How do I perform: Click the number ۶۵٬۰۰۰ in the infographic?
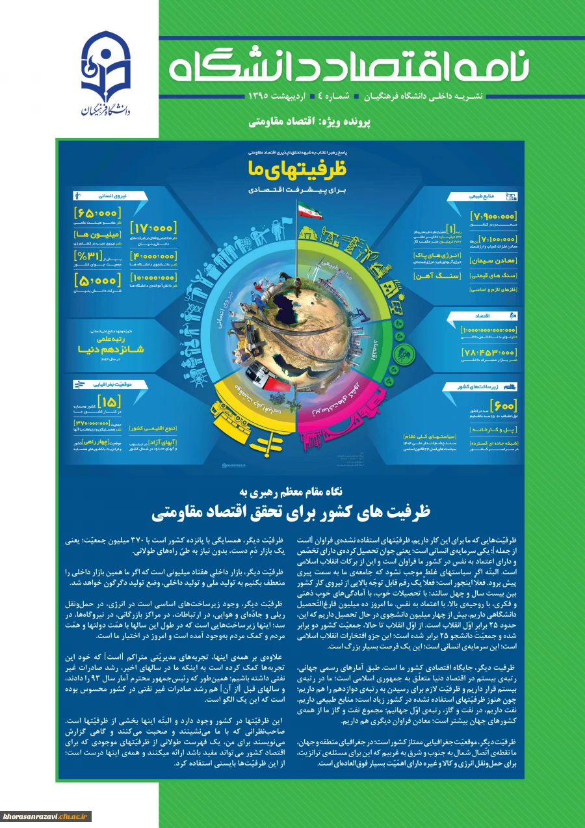97,213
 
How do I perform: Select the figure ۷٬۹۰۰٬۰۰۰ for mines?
492,217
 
